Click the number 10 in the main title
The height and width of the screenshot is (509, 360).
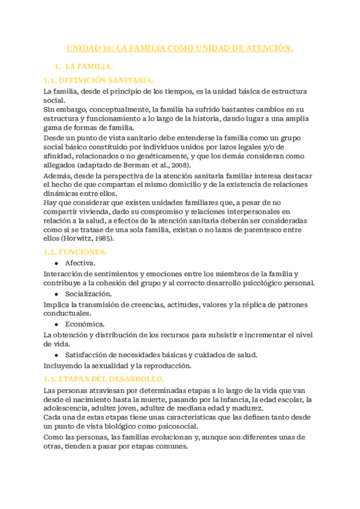click(106, 48)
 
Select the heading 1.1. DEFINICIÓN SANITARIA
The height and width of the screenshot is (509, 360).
click(99, 80)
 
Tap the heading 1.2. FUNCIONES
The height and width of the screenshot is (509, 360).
click(76, 252)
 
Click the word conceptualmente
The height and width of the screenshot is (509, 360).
click(121, 109)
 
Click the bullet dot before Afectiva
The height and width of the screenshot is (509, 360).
click(56, 263)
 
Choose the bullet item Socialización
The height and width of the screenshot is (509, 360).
click(88, 294)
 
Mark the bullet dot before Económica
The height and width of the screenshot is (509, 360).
click(56, 324)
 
